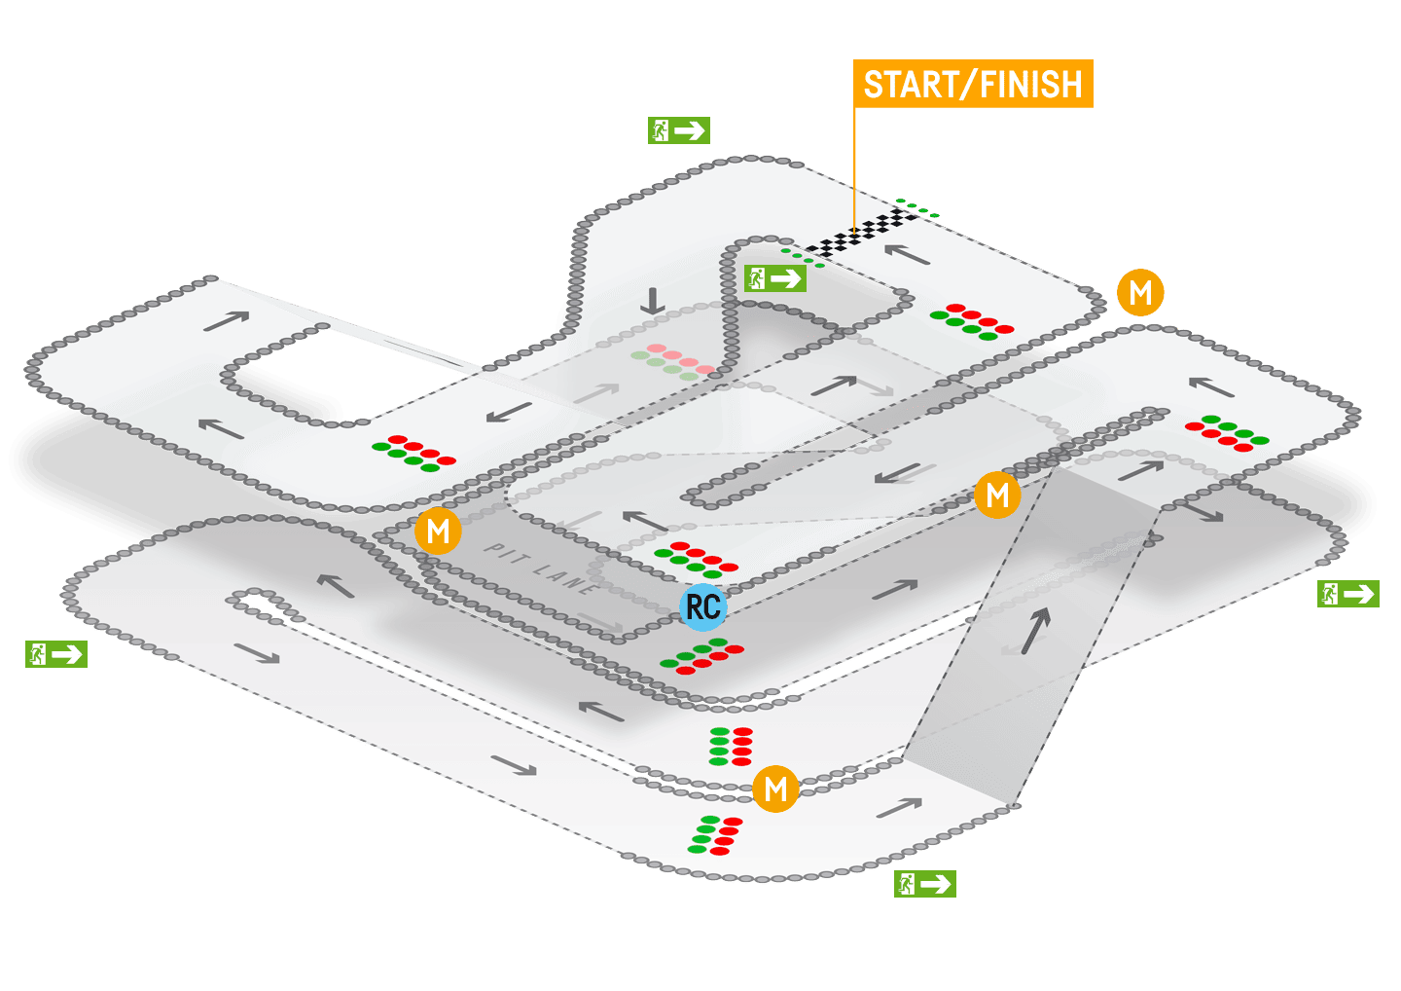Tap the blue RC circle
tap(703, 606)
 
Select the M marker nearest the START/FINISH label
tap(1140, 292)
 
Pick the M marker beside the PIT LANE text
tap(438, 532)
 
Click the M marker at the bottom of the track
tap(775, 789)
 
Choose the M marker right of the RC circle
tap(997, 495)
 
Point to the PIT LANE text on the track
tap(541, 569)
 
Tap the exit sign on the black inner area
tap(775, 278)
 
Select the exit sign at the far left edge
tap(56, 654)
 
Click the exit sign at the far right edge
tap(1347, 593)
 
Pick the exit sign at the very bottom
tap(924, 884)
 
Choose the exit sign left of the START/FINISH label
tap(679, 130)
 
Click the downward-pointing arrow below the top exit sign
tap(652, 301)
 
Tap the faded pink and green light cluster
tap(672, 361)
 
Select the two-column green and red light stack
tap(731, 746)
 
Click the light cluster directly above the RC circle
tap(696, 559)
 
